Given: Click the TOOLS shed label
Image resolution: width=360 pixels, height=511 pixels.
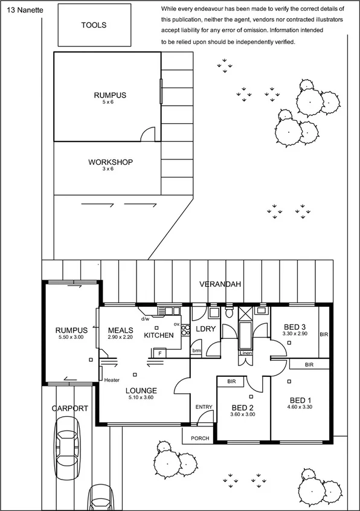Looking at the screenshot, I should [94, 25].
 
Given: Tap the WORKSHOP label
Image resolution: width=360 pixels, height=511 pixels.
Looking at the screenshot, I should [111, 162].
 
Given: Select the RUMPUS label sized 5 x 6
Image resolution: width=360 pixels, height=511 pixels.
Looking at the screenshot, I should [110, 95].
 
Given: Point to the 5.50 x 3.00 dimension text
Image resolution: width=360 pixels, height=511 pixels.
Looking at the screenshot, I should [71, 337].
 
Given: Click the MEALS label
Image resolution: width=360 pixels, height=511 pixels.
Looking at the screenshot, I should [120, 330].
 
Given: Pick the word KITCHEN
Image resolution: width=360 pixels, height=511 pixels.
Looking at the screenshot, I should [159, 335].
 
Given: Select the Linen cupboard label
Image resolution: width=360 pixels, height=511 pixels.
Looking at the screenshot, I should [245, 353].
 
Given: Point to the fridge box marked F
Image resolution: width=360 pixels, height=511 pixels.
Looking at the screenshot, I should [159, 352].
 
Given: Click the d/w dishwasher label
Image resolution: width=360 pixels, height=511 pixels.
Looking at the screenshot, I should [145, 318].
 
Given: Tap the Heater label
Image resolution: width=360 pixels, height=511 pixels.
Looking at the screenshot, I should [112, 380].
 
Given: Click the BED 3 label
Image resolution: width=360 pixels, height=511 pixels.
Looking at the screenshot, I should [295, 327].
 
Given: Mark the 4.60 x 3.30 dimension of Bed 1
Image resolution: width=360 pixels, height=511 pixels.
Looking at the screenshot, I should [301, 408].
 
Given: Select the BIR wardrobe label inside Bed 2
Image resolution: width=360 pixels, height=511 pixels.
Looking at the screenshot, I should [231, 382].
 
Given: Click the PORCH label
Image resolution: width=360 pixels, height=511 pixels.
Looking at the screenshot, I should [200, 439].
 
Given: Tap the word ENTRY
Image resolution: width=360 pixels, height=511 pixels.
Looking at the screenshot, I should [204, 407].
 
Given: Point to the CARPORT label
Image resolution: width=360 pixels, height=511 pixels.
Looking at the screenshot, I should [69, 408].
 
